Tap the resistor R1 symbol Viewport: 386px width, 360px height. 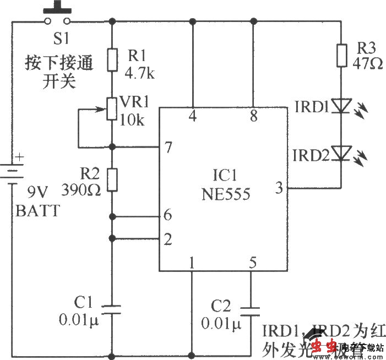(x=112, y=60)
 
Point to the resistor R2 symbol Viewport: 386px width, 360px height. (x=112, y=180)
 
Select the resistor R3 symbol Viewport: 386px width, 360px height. (x=342, y=54)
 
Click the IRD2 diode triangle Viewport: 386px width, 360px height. (x=342, y=152)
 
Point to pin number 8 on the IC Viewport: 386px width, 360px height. (x=253, y=116)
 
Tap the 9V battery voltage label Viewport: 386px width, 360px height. (x=39, y=193)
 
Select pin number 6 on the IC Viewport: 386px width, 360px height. (x=168, y=215)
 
